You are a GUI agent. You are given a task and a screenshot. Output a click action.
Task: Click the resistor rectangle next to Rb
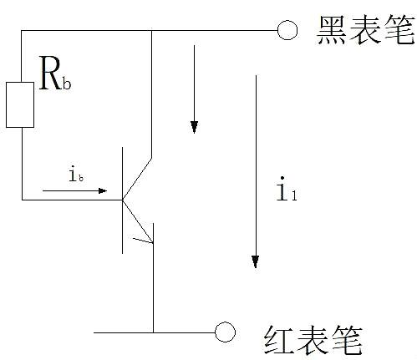20,105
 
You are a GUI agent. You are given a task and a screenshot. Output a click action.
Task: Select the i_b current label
75,175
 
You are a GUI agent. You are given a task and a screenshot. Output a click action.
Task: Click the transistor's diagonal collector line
138,176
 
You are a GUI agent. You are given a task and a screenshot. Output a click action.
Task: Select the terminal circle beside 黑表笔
287,31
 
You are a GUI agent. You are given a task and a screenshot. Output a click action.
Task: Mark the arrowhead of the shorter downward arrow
194,126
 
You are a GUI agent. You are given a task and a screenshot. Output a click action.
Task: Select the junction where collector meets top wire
151,31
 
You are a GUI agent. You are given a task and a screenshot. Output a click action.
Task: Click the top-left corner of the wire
21,31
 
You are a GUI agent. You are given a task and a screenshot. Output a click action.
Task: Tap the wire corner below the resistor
21,199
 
